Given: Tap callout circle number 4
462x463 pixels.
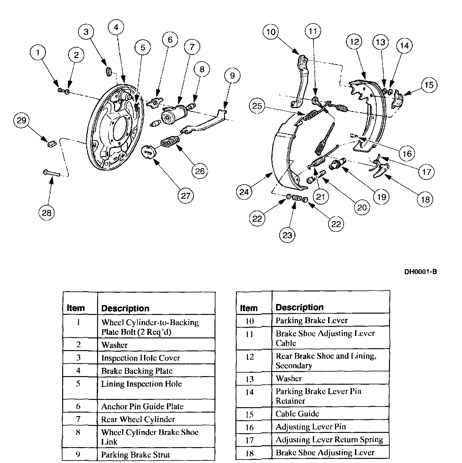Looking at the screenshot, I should click(116, 28).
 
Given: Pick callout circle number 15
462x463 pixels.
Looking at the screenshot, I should click(429, 85).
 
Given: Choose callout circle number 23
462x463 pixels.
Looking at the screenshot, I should click(287, 235).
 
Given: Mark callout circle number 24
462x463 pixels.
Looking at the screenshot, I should click(244, 192).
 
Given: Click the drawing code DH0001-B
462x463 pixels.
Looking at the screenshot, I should click(420, 272).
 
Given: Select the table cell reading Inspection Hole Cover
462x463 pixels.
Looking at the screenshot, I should click(141, 358).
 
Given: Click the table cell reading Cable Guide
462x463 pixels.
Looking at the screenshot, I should click(297, 414).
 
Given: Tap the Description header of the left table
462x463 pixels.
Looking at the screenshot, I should click(125, 308).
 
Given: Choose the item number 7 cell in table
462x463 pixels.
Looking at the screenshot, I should click(78, 419).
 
